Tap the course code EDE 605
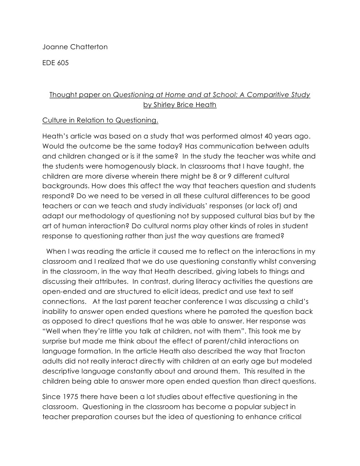(x=56, y=63)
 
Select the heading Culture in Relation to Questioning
(x=100, y=121)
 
